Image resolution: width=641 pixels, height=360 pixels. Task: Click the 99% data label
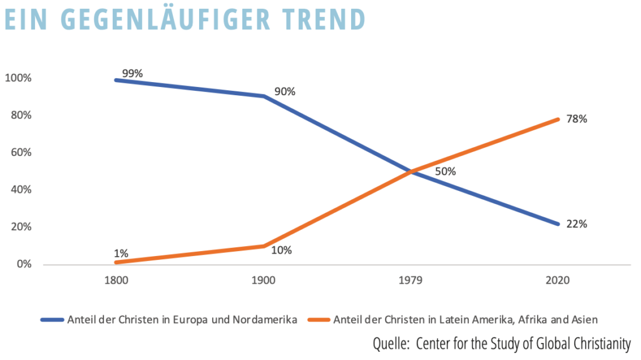[x=133, y=74]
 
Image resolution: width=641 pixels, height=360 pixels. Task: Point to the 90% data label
[x=285, y=91]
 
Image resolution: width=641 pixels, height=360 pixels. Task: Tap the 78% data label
[x=577, y=119]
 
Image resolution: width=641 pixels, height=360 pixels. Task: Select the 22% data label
[x=577, y=224]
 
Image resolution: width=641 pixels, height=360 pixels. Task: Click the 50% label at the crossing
[x=445, y=172]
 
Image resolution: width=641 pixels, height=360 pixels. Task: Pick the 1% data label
[x=121, y=254]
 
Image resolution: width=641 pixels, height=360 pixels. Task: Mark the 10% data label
[x=282, y=250]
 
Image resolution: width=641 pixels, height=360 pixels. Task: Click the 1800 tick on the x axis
[x=116, y=280]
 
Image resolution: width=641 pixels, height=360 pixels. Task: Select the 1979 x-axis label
[x=411, y=280]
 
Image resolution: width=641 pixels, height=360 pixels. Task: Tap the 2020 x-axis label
[x=558, y=280]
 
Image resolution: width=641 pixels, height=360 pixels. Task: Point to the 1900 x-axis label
[x=264, y=280]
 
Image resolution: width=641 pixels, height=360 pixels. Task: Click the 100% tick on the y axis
[x=18, y=78]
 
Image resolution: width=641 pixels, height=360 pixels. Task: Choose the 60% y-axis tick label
[x=21, y=153]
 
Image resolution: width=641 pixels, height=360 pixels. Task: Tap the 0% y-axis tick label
[x=24, y=264]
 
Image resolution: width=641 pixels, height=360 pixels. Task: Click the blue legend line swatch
[x=53, y=320]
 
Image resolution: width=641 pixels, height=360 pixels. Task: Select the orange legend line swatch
[x=319, y=320]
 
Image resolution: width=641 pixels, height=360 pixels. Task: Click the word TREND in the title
[x=324, y=19]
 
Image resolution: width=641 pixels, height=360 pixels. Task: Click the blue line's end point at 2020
[x=558, y=224]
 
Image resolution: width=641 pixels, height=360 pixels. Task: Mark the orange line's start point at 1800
[x=116, y=262]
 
